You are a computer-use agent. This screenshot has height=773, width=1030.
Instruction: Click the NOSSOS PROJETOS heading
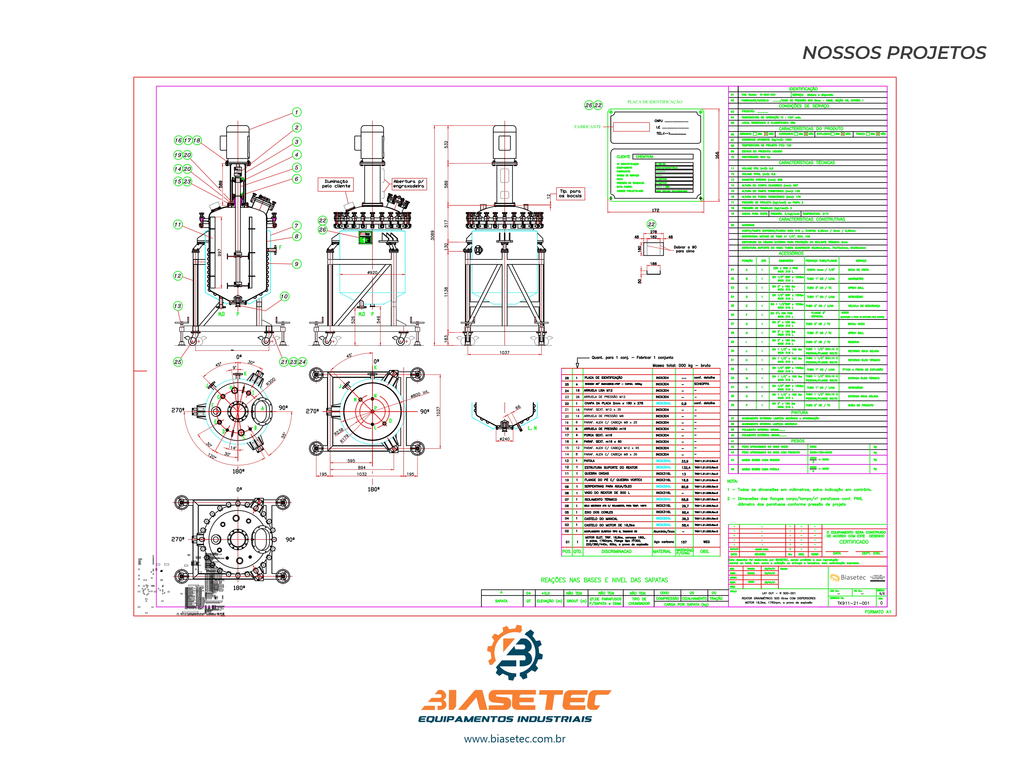pos(894,53)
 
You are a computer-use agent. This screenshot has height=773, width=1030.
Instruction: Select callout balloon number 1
pos(297,112)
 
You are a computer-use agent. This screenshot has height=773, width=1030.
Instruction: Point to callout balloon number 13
pos(177,306)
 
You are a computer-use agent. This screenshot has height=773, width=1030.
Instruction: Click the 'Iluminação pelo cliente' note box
pos(336,184)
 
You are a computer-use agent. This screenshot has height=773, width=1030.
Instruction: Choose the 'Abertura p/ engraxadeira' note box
pos(408,184)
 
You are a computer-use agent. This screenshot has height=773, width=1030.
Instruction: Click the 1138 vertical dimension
pos(446,292)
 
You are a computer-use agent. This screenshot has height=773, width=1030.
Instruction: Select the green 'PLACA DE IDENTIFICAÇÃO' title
pos(654,102)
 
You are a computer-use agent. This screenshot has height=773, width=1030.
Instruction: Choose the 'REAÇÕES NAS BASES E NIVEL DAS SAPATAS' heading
pos(604,580)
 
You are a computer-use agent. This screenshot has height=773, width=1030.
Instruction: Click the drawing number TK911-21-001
pos(853,603)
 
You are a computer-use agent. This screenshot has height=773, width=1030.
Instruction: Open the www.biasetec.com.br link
pos(515,739)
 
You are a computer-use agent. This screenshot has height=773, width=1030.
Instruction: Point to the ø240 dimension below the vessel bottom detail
pos(504,439)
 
